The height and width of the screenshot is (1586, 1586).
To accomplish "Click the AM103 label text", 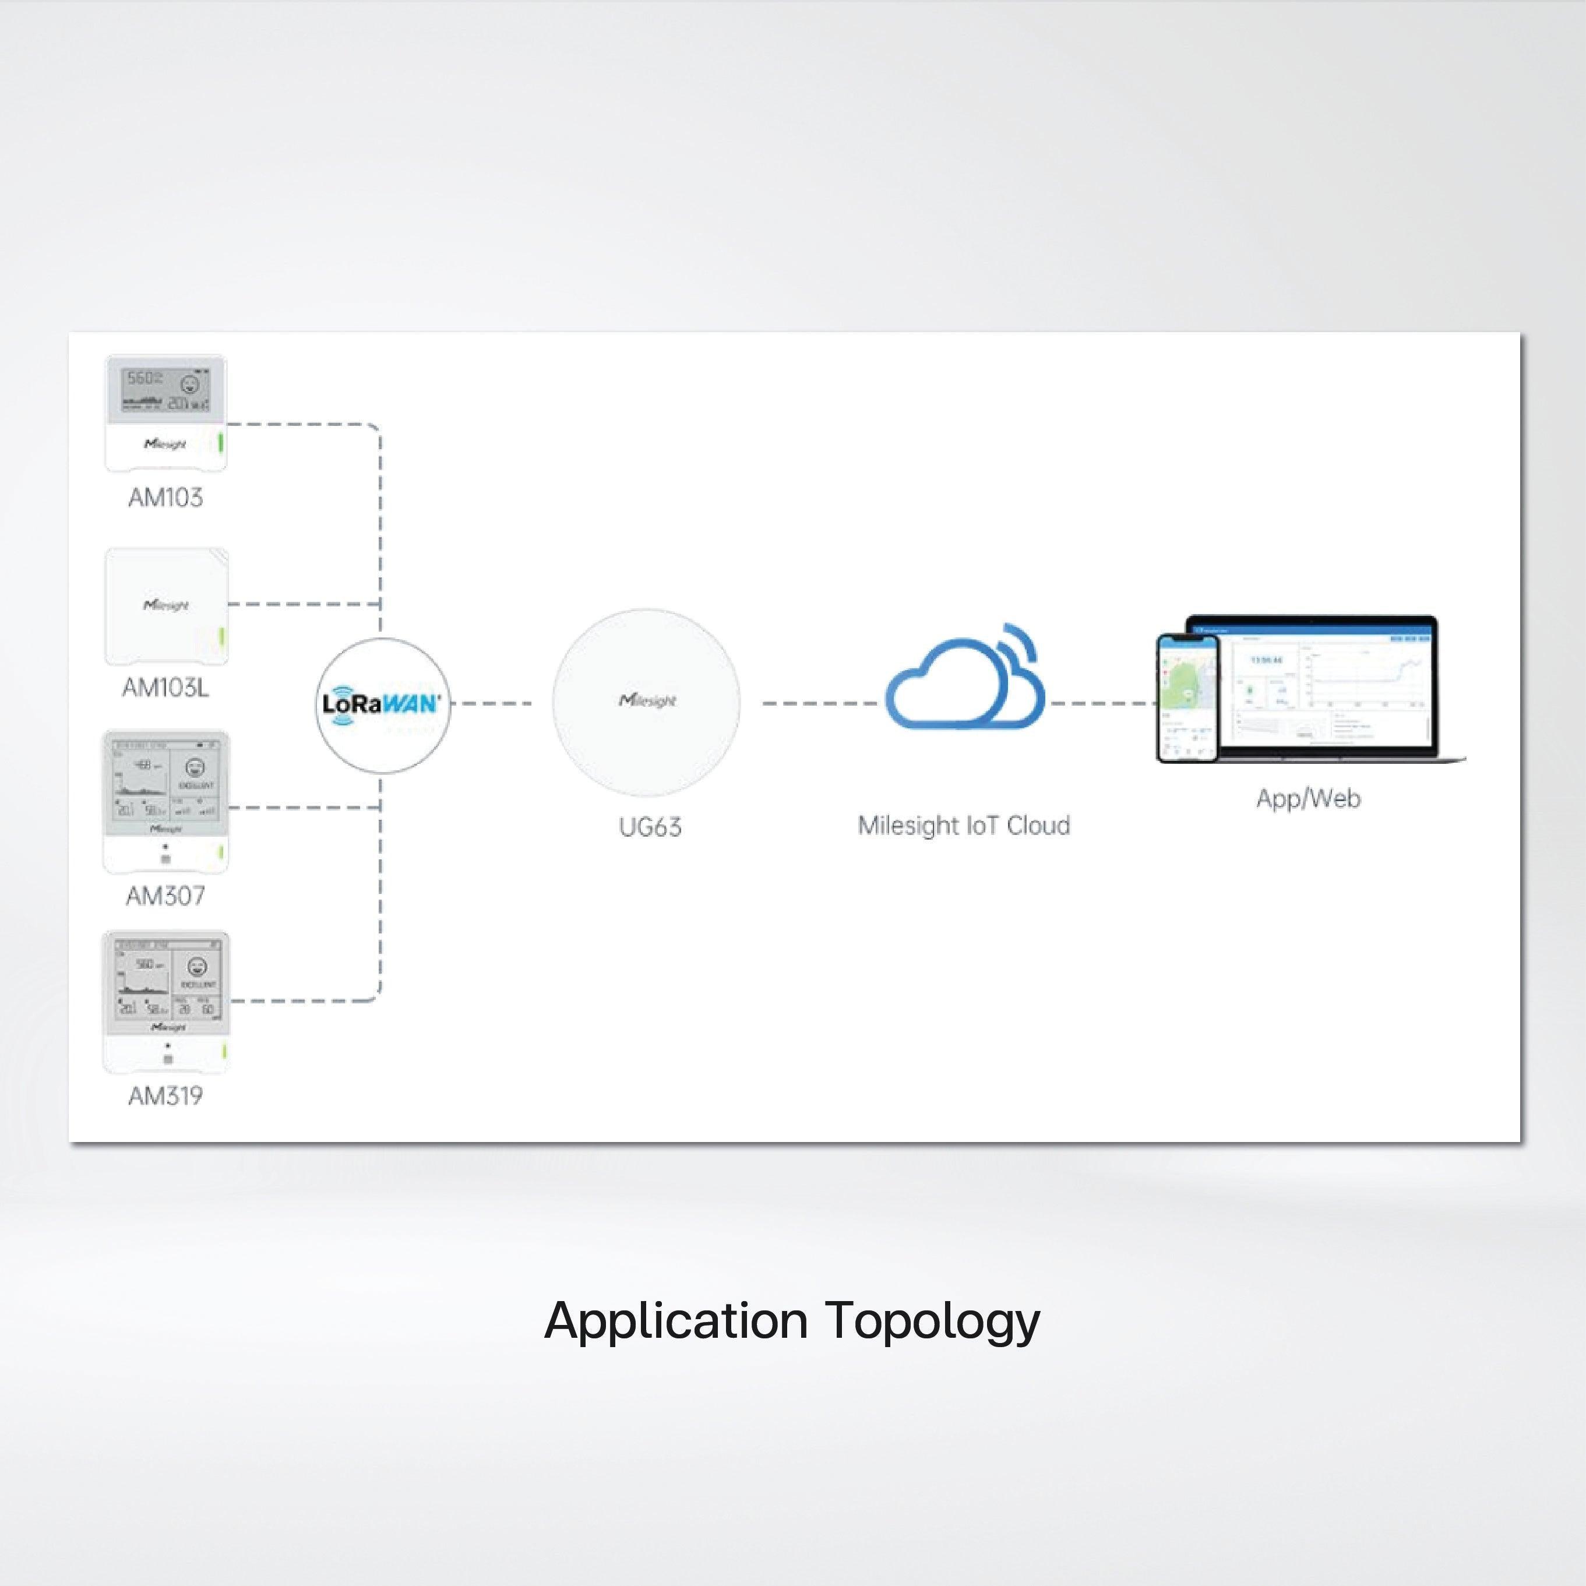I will pyautogui.click(x=165, y=498).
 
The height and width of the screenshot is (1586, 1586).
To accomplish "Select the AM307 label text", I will pyautogui.click(x=165, y=896).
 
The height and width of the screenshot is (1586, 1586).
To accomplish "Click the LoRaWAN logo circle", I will pyautogui.click(x=383, y=704).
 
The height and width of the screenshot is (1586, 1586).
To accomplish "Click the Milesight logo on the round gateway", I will pyautogui.click(x=647, y=700).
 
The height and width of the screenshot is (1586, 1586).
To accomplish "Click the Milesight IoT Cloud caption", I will pyautogui.click(x=964, y=825).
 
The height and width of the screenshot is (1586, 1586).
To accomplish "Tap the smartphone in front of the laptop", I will pyautogui.click(x=1187, y=699).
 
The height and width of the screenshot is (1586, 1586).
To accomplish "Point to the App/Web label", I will pyautogui.click(x=1307, y=798).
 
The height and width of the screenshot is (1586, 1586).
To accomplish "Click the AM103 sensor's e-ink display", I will pyautogui.click(x=165, y=389).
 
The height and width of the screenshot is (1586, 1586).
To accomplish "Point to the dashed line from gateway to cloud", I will pyautogui.click(x=817, y=703).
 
